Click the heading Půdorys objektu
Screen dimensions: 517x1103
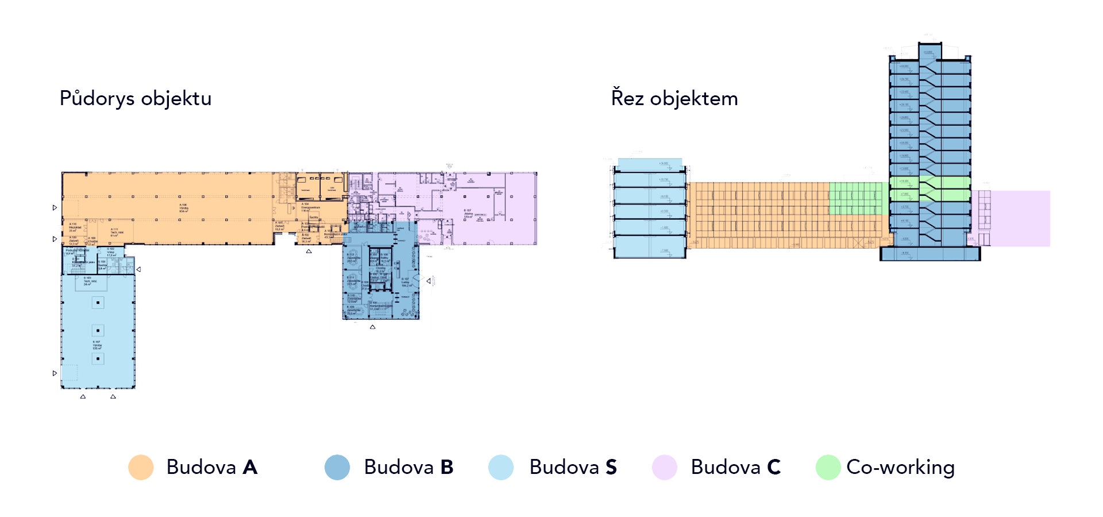136,99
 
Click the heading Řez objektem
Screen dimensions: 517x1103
674,99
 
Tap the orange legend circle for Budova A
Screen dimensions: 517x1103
141,467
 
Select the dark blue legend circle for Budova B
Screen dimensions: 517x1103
337,467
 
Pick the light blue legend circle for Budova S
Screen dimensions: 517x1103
501,467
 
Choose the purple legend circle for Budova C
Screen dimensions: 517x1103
665,467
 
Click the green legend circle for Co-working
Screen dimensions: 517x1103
828,467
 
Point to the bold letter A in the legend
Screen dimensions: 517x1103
250,468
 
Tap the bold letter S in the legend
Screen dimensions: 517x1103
611,468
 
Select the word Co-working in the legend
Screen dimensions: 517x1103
900,468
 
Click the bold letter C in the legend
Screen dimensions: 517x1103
774,468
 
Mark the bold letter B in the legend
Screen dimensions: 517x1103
447,468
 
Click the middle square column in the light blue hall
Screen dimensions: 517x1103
98,330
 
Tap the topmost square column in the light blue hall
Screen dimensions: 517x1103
98,302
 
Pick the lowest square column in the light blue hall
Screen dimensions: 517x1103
98,358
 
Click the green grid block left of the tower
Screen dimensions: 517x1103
858,199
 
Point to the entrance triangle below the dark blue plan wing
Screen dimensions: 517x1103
373,327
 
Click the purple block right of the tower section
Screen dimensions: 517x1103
1020,218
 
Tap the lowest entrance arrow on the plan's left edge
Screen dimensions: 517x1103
55,373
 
